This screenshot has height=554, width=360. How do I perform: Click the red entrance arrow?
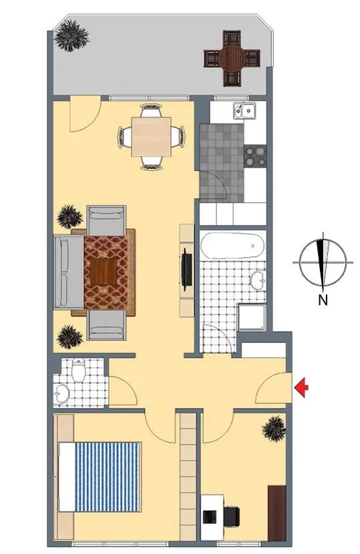(x=301, y=388)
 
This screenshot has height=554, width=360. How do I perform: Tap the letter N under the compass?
(x=323, y=300)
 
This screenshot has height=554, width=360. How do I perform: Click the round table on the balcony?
(x=232, y=58)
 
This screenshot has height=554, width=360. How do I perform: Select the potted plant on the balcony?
(x=71, y=35)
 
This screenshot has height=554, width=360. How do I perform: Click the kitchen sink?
(x=244, y=111)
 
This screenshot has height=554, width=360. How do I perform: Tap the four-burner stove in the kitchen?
(x=255, y=156)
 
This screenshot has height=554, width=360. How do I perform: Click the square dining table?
(x=152, y=137)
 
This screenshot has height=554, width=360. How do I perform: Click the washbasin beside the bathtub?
(x=258, y=280)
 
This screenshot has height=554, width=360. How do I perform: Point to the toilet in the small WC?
(x=78, y=370)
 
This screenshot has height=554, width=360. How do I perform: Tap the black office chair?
(x=232, y=517)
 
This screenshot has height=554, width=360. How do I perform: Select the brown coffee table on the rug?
(x=104, y=272)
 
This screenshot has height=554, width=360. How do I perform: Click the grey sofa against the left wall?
(x=69, y=272)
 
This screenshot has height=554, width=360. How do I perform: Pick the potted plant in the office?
(x=274, y=429)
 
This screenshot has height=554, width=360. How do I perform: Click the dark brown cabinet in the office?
(x=277, y=513)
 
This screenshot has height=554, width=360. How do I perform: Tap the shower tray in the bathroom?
(x=251, y=317)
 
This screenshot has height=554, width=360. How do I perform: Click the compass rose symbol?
(x=323, y=262)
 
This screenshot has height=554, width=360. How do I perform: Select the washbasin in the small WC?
(x=63, y=393)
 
